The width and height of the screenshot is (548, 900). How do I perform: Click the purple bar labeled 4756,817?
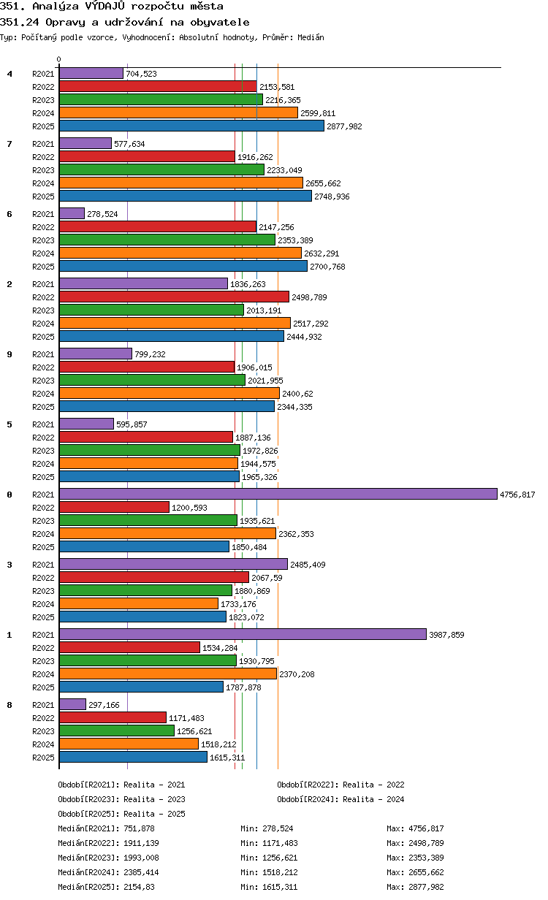click(278, 494)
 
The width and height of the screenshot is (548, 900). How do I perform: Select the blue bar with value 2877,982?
click(191, 126)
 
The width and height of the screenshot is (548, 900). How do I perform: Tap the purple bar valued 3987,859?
click(243, 634)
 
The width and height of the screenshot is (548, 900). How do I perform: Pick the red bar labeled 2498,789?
click(174, 297)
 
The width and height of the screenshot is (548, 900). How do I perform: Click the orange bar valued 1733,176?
click(139, 603)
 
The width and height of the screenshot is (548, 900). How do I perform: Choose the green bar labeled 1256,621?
click(116, 731)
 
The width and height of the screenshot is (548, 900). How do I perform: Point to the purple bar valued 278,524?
click(72, 213)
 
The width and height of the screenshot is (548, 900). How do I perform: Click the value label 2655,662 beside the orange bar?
click(323, 183)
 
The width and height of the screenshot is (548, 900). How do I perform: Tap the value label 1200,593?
click(189, 508)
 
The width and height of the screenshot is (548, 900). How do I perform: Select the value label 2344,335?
click(294, 407)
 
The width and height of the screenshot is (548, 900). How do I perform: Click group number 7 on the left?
click(9, 143)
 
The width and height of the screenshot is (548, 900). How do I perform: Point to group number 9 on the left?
click(9, 354)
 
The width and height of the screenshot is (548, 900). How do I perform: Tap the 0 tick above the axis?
click(59, 59)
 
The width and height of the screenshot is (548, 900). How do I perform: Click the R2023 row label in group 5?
click(43, 451)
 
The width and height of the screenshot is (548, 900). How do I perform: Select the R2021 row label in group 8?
click(43, 704)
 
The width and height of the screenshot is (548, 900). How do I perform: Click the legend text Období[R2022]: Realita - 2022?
click(340, 785)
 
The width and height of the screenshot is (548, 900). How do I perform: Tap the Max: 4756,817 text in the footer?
click(415, 828)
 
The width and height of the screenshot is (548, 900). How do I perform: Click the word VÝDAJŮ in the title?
click(105, 6)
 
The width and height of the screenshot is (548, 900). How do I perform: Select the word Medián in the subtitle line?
click(311, 37)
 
